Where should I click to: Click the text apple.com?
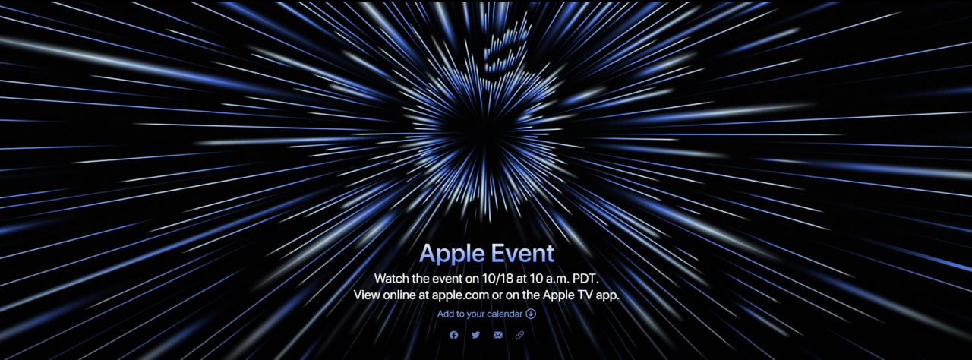(x=460, y=295)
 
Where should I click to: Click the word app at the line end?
(x=606, y=295)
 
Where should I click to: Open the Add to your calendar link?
(x=487, y=314)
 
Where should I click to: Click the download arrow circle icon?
(x=531, y=314)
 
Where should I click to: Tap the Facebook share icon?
(x=453, y=335)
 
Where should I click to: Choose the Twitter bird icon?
(x=475, y=335)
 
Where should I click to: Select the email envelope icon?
(x=497, y=335)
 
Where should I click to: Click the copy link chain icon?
(x=519, y=335)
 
